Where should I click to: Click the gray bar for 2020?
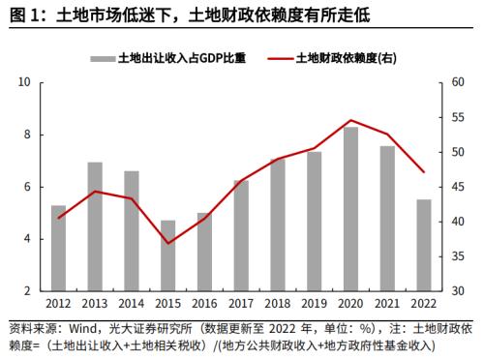(350, 208)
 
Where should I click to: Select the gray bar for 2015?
(168, 255)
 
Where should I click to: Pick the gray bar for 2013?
(95, 226)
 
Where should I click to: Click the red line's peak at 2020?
(350, 120)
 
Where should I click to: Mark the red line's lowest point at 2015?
(168, 243)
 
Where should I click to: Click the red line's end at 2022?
(424, 172)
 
